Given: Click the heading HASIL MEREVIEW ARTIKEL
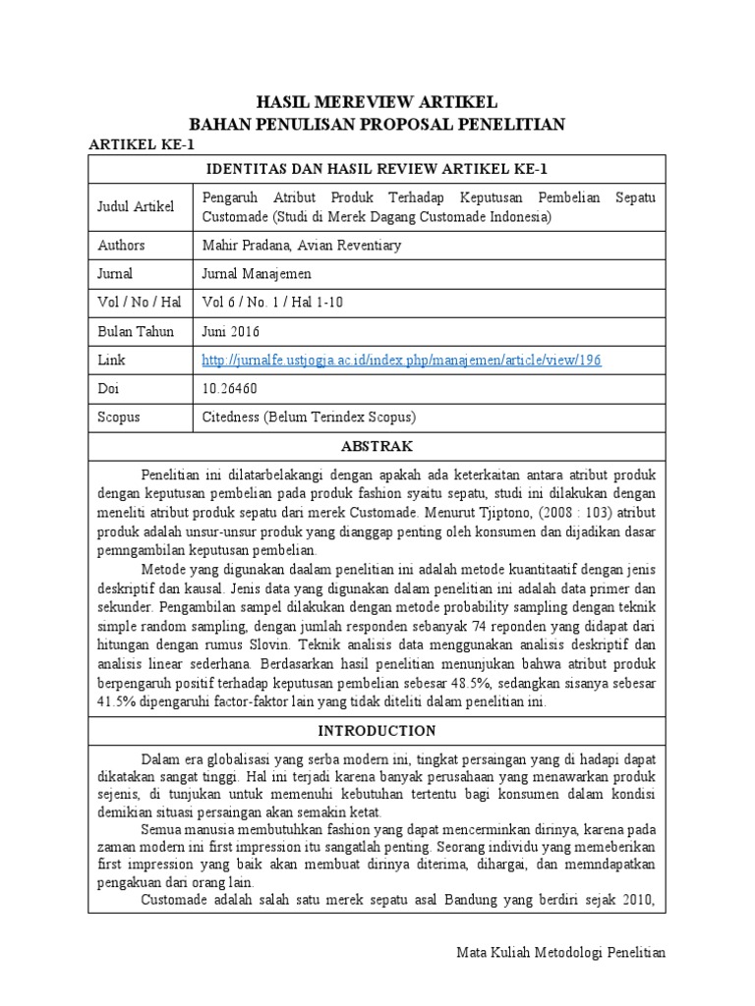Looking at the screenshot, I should click(x=377, y=102).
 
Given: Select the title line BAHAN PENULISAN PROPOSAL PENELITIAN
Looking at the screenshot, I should click(x=377, y=124).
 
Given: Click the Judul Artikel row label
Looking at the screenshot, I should click(x=135, y=206).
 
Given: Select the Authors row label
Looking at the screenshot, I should click(x=120, y=245).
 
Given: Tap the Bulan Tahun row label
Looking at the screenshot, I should click(x=135, y=331).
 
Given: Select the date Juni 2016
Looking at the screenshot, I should click(x=232, y=331).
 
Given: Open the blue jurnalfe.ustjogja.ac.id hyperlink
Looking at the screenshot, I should click(x=401, y=361).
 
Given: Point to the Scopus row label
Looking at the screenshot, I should click(x=119, y=418).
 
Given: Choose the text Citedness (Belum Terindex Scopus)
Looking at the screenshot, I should click(x=310, y=418).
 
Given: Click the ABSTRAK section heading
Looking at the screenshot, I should click(x=377, y=446).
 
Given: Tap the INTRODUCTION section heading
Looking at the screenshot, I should click(x=377, y=730).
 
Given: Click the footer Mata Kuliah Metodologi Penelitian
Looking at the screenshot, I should click(x=561, y=952).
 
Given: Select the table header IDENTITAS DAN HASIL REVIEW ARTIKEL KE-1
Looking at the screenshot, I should click(x=377, y=168).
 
